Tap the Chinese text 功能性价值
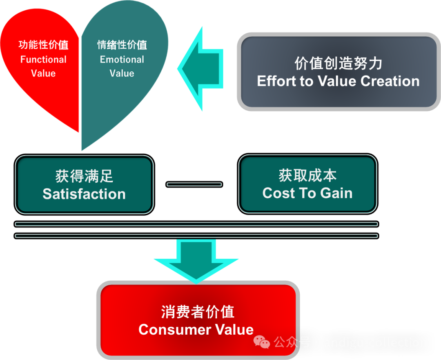tap(43, 45)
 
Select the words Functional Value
tap(43, 66)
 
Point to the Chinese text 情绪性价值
tap(122, 45)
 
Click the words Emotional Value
tap(122, 66)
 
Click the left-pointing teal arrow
tap(202, 69)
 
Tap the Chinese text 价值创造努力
tap(338, 63)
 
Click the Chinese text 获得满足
tap(84, 176)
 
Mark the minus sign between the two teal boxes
tap(194, 184)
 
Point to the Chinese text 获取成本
tap(307, 175)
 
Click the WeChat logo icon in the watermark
tap(262, 342)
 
